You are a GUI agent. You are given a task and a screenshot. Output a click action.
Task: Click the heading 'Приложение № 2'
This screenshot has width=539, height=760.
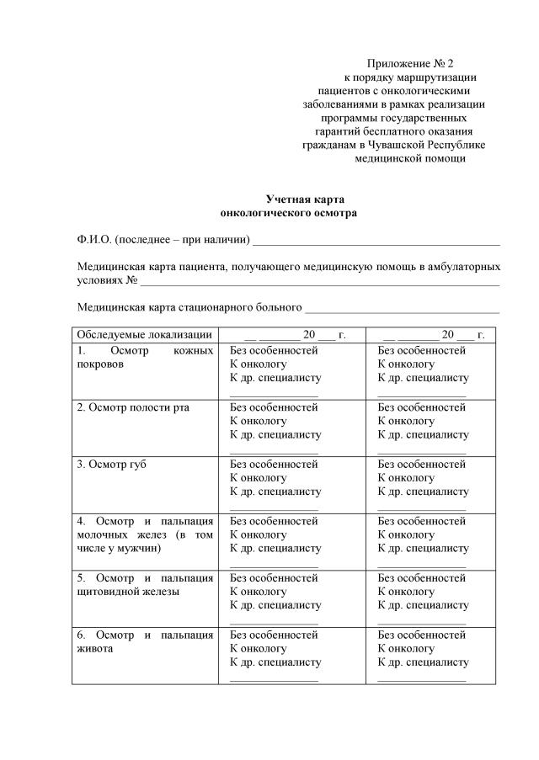click(x=410, y=64)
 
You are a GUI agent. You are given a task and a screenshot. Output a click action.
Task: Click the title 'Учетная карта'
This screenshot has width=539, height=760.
click(x=305, y=199)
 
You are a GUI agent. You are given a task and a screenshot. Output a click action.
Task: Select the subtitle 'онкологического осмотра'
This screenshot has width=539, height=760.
click(x=287, y=213)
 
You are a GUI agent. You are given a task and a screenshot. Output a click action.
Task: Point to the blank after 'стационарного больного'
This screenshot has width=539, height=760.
click(x=403, y=307)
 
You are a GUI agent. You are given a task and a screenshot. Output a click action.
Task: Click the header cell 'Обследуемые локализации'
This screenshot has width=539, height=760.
click(x=143, y=335)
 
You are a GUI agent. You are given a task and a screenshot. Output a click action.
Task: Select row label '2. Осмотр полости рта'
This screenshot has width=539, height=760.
click(x=133, y=407)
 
